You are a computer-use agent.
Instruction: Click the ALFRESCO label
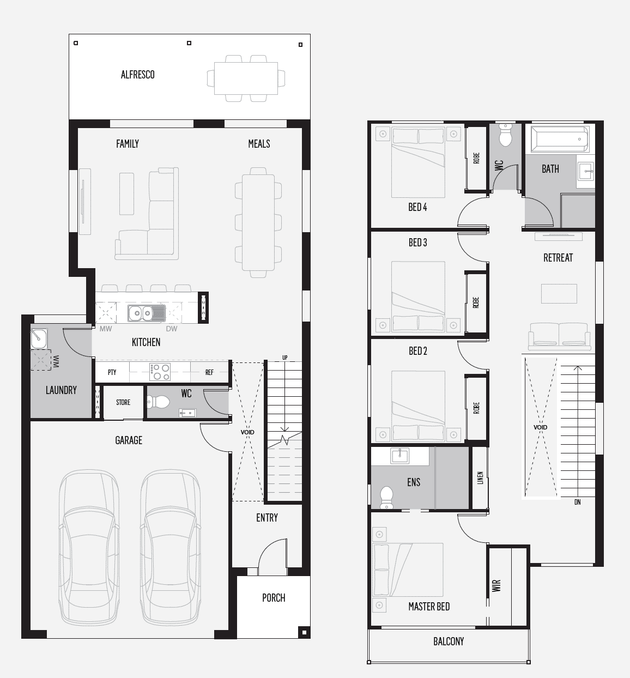(137, 75)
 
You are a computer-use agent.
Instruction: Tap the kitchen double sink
(142, 313)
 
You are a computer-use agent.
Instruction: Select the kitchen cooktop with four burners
(160, 372)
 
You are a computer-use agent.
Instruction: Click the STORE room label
(123, 403)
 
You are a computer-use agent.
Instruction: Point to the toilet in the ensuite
(386, 497)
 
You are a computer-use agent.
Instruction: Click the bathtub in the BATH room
(560, 139)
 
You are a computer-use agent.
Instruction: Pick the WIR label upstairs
(496, 586)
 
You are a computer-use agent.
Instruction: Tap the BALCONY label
(449, 641)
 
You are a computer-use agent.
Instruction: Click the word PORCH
(274, 598)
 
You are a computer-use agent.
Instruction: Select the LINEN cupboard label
(480, 478)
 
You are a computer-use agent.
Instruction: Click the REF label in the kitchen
(209, 373)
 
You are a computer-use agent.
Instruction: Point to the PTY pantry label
(112, 373)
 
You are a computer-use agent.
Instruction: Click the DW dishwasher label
(172, 329)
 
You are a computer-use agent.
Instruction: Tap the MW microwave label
(106, 329)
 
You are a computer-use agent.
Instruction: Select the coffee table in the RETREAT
(559, 294)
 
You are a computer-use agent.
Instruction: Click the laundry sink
(39, 338)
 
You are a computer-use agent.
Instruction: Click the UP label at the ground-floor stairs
(284, 358)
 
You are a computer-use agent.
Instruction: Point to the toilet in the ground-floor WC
(160, 402)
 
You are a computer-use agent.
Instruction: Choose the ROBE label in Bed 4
(476, 159)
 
